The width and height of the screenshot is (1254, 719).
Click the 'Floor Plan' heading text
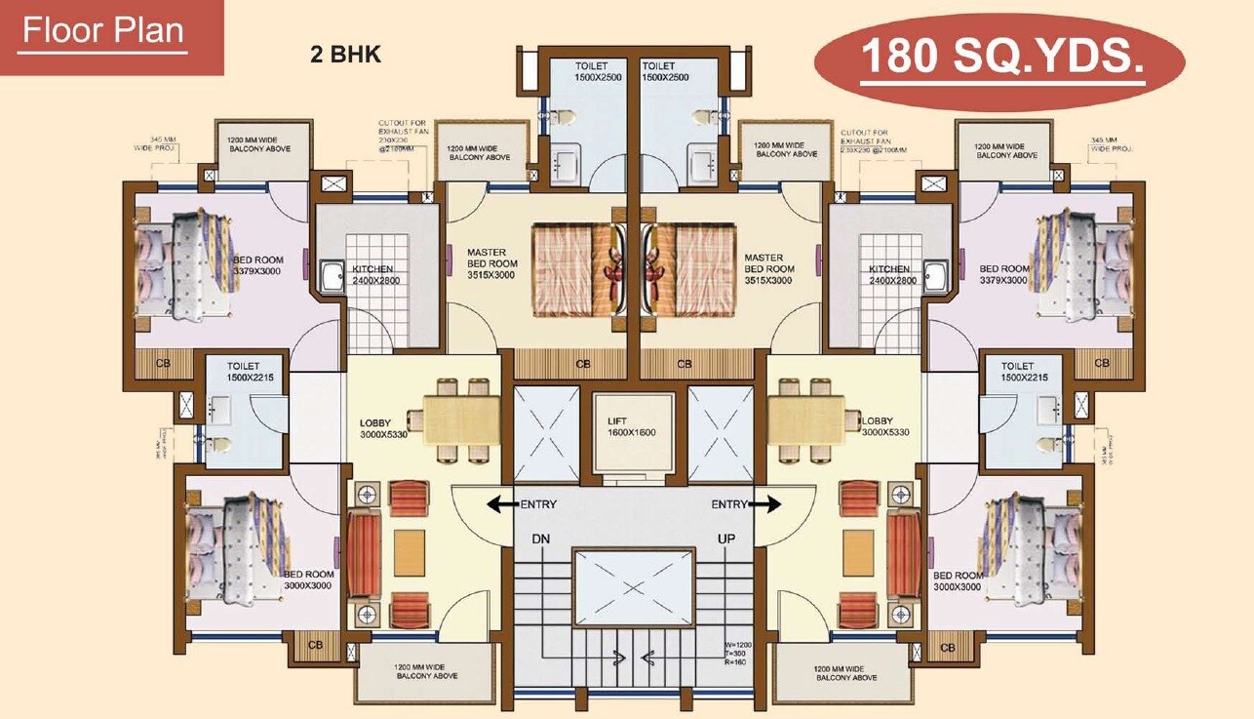point(102,31)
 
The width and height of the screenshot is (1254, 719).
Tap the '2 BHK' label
point(345,55)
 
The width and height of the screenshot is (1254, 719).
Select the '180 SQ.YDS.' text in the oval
point(1001,59)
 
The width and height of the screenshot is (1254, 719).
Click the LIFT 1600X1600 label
point(633,427)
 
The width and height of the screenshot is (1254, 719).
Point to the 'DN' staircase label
point(541,539)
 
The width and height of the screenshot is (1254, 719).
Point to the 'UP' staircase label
point(725,539)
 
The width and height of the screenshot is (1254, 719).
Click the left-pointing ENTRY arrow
point(502,504)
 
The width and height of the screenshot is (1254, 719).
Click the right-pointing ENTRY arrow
point(767,504)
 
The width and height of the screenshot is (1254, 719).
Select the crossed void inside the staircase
point(634,587)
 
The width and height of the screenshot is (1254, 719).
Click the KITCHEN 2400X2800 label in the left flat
point(373,274)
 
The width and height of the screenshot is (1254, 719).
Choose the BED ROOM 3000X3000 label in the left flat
point(307,580)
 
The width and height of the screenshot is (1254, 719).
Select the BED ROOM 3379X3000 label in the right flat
point(1003,274)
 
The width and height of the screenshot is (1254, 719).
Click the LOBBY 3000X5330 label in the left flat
point(383,428)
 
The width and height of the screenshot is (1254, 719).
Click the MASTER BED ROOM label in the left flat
point(491,263)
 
